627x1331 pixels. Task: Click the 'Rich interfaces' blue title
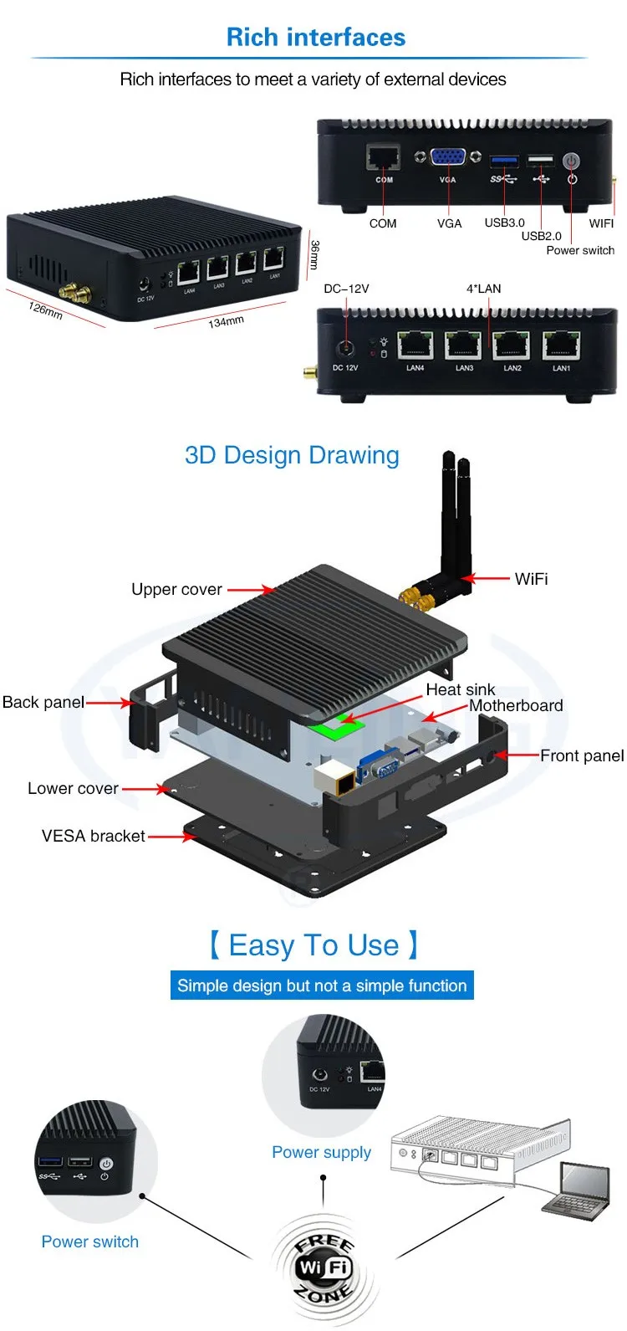[315, 38]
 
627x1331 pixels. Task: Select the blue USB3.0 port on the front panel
[504, 159]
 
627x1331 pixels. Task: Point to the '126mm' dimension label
[45, 310]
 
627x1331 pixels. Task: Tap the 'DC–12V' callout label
[346, 289]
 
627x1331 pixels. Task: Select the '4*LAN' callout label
[483, 289]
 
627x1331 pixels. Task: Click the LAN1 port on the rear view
[560, 345]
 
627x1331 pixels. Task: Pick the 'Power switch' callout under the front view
[579, 250]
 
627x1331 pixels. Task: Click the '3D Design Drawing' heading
[292, 455]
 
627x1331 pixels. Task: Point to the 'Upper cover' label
[176, 590]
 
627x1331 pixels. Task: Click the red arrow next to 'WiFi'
[486, 578]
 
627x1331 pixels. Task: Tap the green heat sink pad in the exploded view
[339, 726]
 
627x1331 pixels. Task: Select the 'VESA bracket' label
[93, 836]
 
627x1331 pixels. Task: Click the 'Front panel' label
[581, 755]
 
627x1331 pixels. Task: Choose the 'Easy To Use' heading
[313, 945]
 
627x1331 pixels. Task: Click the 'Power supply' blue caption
[321, 1152]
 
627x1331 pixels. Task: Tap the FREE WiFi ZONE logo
[324, 1267]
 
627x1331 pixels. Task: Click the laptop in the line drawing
[578, 1192]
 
